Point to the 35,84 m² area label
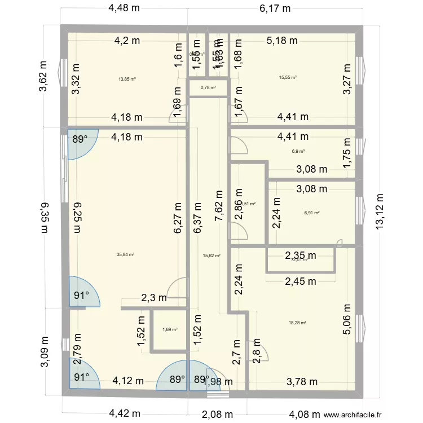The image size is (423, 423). (125, 254)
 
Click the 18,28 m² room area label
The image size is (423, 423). (297, 323)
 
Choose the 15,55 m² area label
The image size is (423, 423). (288, 78)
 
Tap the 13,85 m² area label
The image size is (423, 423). (127, 79)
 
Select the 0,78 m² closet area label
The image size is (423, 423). (208, 87)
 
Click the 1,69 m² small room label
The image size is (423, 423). (170, 330)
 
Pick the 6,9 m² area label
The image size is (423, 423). (298, 151)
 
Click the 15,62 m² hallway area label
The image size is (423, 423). (211, 255)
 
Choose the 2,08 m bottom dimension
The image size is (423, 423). (218, 414)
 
